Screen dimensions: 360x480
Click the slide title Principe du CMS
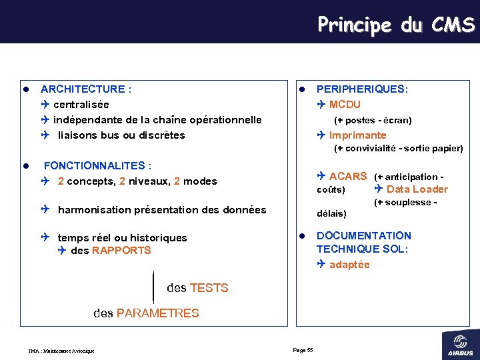(396, 25)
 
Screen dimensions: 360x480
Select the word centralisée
(81, 104)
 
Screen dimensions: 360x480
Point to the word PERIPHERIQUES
(361, 89)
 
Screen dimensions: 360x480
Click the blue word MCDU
(345, 104)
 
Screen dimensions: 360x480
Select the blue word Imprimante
(357, 135)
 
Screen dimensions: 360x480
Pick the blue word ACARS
(348, 176)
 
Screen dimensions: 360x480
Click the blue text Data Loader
(417, 189)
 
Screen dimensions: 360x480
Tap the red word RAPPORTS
(121, 250)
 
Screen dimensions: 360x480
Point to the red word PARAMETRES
(157, 313)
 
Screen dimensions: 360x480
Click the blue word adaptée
(349, 264)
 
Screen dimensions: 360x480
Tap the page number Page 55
(303, 350)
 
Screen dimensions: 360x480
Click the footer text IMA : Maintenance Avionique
(61, 351)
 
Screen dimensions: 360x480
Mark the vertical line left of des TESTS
(154, 287)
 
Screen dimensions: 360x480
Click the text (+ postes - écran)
(373, 120)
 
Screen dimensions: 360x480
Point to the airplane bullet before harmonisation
(45, 209)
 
